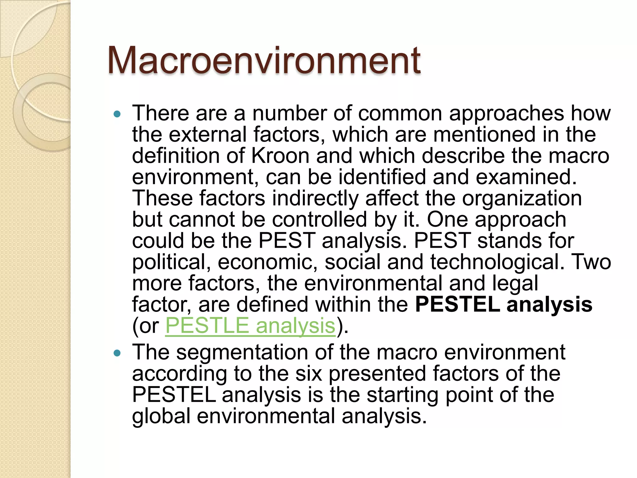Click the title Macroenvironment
pos(264,60)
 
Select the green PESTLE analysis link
pos(250,326)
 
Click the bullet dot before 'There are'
pos(117,114)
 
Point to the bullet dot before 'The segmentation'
pos(117,353)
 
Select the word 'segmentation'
pos(242,352)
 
